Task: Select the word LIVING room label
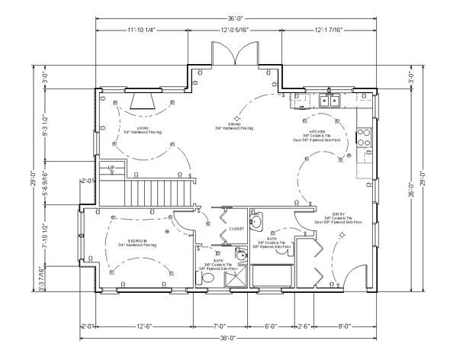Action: (x=143, y=127)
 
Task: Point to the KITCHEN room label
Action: (x=317, y=131)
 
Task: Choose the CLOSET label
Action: (x=236, y=228)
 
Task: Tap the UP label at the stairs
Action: (x=111, y=167)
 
